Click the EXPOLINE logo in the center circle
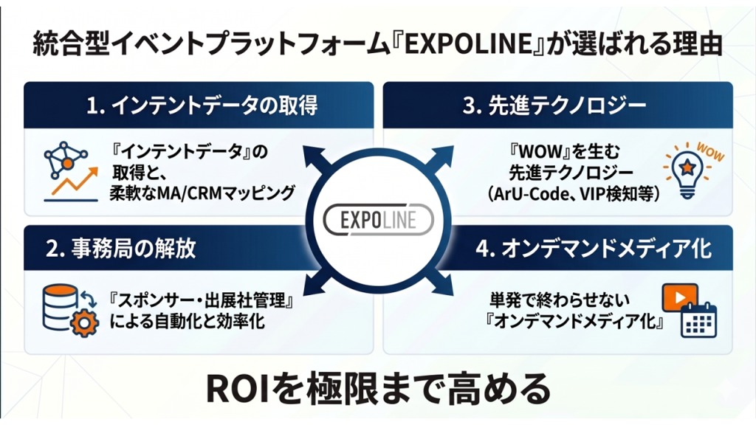click(378, 219)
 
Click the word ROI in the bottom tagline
click(236, 389)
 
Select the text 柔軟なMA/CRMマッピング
click(203, 193)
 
